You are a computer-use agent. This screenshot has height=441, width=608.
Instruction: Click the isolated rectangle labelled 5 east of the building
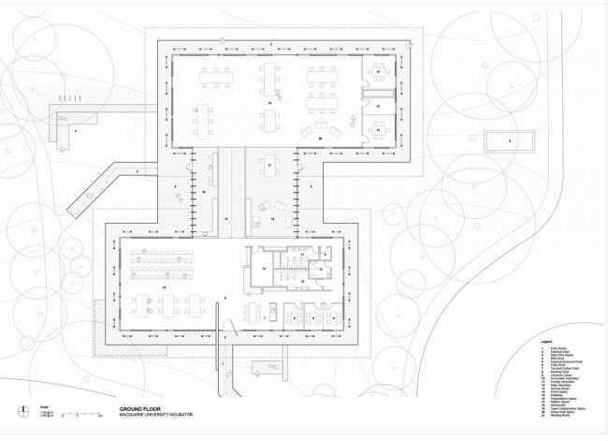509,141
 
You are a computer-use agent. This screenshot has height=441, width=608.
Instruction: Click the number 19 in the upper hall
269,100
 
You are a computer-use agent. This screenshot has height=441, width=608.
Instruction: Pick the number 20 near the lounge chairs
319,138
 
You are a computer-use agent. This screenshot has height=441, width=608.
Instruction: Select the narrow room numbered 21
379,108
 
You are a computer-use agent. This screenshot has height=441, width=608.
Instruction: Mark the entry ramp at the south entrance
224,370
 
